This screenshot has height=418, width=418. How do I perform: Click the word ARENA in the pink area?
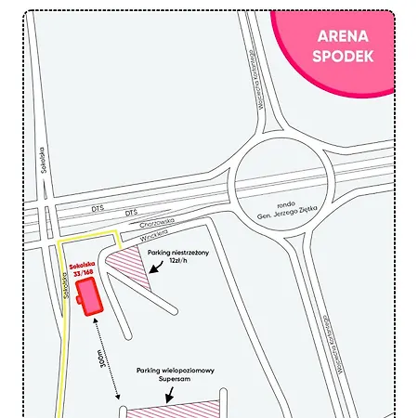coord(343,38)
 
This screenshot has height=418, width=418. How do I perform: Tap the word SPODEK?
coord(343,56)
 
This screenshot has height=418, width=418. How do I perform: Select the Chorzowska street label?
coord(132,223)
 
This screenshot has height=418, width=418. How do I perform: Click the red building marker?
coord(90,296)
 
